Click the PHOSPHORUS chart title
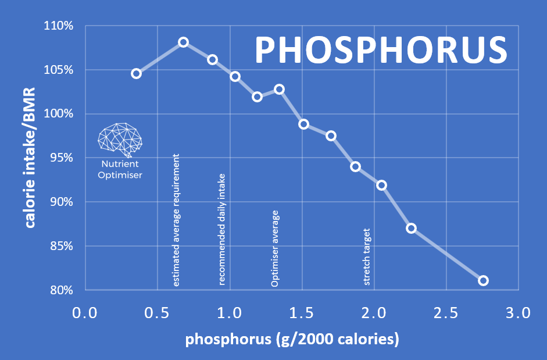[381, 50]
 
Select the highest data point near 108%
[183, 42]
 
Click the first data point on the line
[136, 73]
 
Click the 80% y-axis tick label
[60, 290]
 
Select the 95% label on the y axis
[60, 158]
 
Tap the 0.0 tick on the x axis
[85, 313]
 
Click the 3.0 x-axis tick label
[517, 313]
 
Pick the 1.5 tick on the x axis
[302, 313]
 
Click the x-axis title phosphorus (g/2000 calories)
[292, 340]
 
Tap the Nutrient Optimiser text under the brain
[120, 169]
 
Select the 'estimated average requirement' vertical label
[177, 220]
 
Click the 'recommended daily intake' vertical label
[221, 229]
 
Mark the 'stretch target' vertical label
[367, 256]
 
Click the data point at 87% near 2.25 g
[411, 228]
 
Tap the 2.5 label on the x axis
[446, 313]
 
